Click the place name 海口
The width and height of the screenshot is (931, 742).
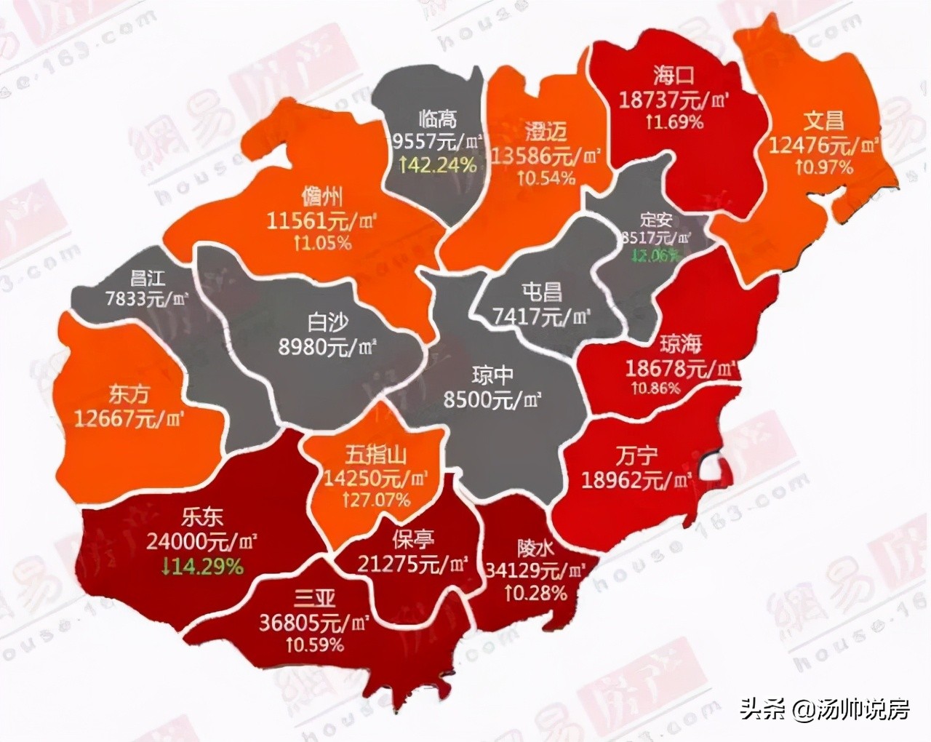674,75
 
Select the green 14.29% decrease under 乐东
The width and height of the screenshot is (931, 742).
194,566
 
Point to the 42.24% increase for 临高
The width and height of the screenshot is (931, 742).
438,164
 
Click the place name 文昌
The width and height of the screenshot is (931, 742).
823,120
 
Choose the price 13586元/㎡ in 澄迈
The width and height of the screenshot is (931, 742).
546,155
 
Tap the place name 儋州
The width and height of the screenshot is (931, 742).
321,196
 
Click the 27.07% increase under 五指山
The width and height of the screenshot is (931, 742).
377,500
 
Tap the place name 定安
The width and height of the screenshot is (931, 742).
656,220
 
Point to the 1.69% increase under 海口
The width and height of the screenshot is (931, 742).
674,121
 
